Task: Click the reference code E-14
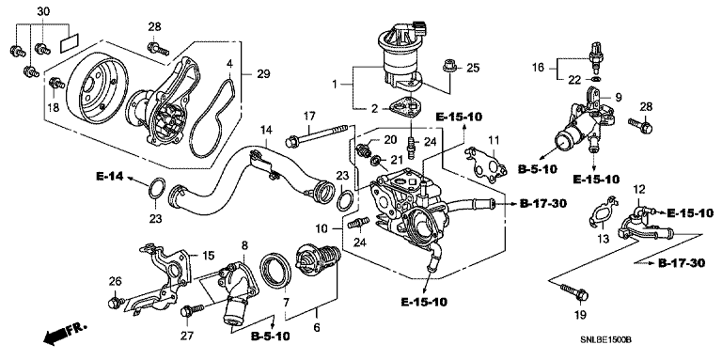tap(110, 176)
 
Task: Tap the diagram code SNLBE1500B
tap(605, 340)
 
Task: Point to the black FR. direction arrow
tap(55, 337)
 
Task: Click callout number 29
tap(264, 73)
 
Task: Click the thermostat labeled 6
tap(318, 264)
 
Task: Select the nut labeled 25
tap(448, 68)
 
